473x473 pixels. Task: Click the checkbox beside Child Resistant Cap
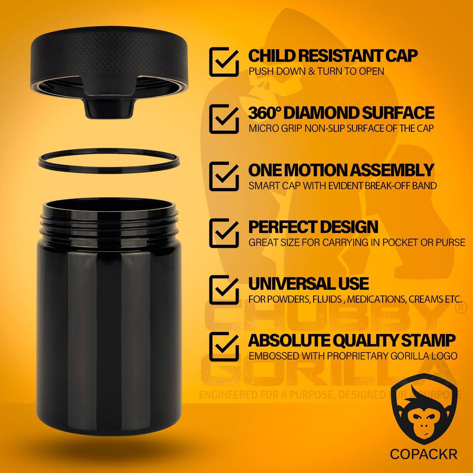tap(223, 62)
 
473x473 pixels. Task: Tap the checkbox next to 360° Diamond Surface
tap(223, 119)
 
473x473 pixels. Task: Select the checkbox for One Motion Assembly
tap(223, 176)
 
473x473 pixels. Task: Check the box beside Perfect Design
tap(223, 233)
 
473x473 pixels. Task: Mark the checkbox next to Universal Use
tap(223, 290)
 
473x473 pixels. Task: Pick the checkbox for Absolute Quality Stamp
tap(223, 347)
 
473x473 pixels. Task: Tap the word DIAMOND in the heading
tap(319, 113)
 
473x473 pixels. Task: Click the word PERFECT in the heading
tap(280, 227)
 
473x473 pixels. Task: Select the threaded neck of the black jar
tap(108, 219)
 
